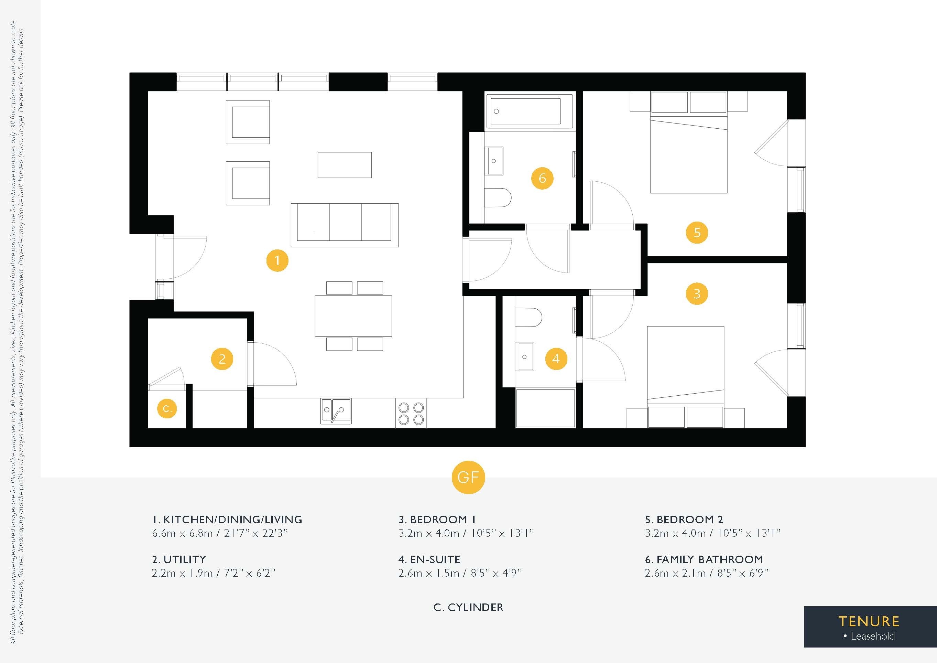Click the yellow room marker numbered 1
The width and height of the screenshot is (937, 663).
[x=277, y=260]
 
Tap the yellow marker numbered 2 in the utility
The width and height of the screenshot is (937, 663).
[x=222, y=359]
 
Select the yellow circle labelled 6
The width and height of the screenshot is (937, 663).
[x=542, y=178]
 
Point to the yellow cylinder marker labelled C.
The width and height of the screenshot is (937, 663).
[x=167, y=408]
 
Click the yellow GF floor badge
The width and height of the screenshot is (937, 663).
[x=468, y=477]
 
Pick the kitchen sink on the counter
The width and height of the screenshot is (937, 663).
[x=336, y=411]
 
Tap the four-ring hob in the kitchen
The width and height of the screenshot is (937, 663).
[x=411, y=414]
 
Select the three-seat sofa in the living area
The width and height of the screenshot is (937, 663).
[x=345, y=225]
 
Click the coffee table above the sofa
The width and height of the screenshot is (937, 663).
[x=345, y=165]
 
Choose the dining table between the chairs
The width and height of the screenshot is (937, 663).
[x=353, y=316]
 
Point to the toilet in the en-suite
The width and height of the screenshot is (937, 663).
[x=528, y=318]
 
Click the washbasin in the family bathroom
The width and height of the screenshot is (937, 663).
[x=494, y=161]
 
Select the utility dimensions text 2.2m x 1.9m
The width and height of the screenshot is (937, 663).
[x=183, y=573]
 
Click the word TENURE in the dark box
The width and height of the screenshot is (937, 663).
[x=869, y=621]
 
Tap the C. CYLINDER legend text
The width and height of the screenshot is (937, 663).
[x=468, y=608]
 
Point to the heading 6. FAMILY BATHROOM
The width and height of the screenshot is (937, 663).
[x=704, y=559]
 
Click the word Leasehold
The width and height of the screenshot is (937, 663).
[x=873, y=636]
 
